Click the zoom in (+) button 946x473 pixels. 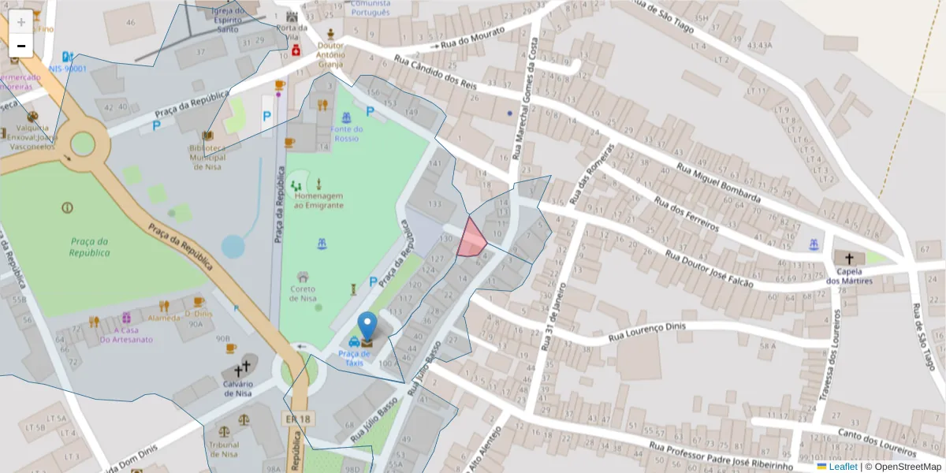pos(21,22)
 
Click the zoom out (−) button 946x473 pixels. pos(21,46)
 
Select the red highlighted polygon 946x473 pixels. pos(471,240)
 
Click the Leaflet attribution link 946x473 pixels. pos(843,467)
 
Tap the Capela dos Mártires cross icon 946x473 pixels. pos(848,259)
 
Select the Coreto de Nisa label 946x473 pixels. pos(303,293)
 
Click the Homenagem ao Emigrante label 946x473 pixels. pos(318,200)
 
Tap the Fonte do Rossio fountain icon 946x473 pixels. pos(346,118)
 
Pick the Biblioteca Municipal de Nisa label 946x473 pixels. pos(207,157)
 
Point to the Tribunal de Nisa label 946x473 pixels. pos(224,449)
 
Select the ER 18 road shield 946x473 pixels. pos(296,419)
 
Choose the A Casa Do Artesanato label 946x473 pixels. pos(126,335)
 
